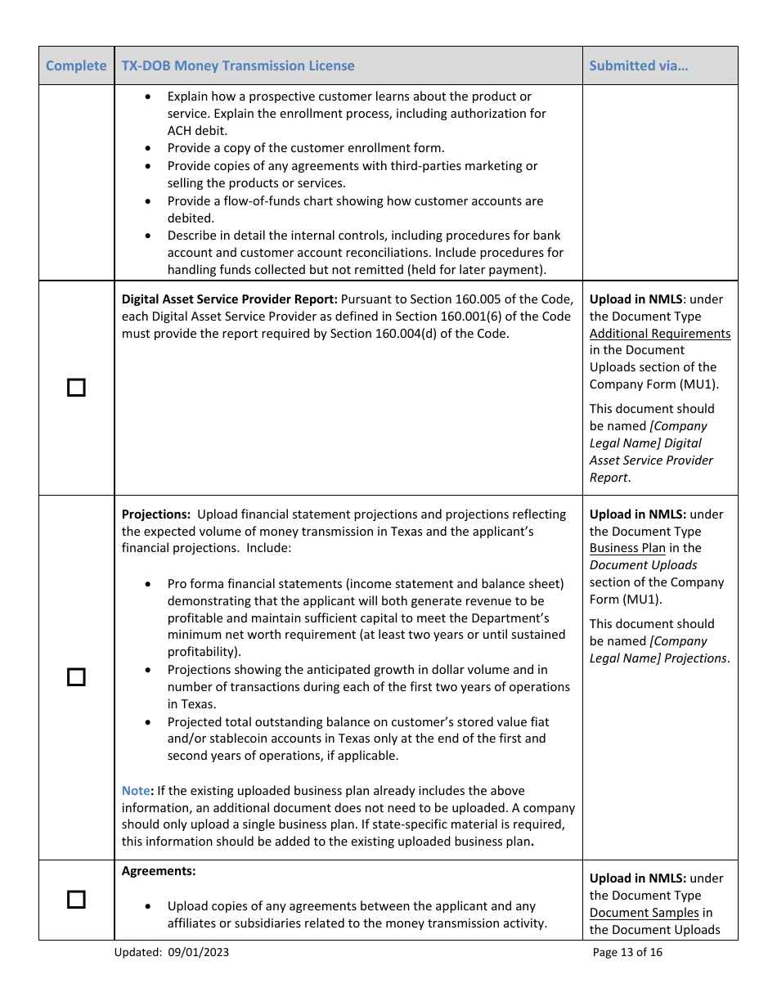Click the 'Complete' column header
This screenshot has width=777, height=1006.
76,65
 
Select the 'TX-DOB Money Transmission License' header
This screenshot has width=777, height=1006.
238,65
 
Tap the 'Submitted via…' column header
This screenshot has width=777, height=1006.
638,65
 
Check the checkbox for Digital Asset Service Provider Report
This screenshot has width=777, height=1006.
76,388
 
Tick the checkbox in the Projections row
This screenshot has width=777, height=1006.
76,677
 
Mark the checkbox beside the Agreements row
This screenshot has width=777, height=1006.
76,900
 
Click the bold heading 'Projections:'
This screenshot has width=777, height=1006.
155,514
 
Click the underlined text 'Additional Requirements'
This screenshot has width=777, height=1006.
659,334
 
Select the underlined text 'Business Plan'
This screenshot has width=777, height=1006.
627,548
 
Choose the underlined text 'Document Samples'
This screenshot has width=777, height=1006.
644,913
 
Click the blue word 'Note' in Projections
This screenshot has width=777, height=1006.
136,791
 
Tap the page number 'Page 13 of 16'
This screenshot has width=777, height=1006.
627,952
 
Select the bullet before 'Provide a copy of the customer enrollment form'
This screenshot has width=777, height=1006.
147,149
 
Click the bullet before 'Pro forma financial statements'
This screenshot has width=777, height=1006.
147,584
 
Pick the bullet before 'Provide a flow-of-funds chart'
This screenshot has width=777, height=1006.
147,201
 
